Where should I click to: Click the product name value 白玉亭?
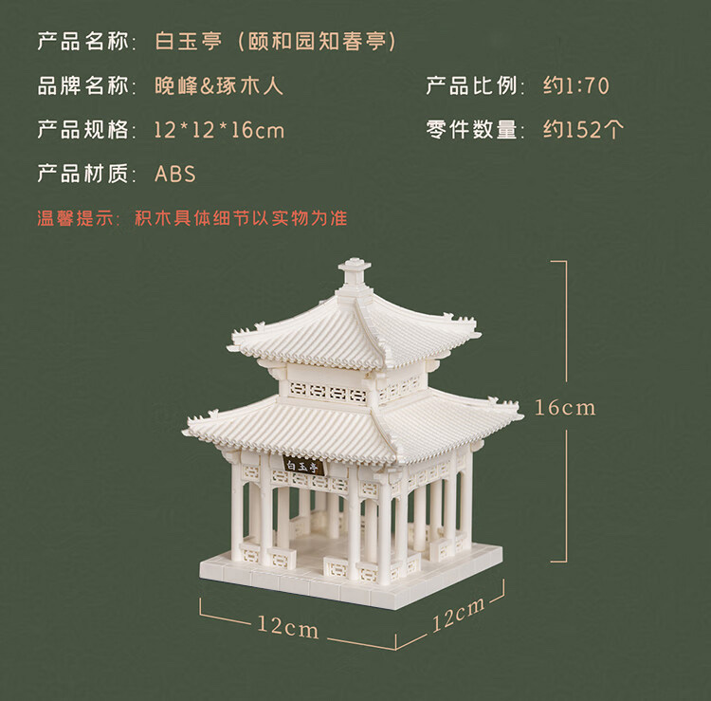point(189,42)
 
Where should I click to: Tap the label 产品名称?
point(83,42)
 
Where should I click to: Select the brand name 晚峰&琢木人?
point(219,85)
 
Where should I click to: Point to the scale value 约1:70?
point(576,85)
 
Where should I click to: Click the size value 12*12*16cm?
point(220,130)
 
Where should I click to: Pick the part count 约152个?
point(584,130)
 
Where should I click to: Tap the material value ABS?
point(175,175)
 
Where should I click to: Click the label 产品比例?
point(471,85)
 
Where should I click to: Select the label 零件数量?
point(471,130)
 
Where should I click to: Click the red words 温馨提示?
point(75,218)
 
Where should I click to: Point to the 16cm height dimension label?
point(565,408)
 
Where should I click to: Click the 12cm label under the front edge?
point(288,627)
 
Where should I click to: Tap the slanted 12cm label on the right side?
point(458,615)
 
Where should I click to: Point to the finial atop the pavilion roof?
point(355,271)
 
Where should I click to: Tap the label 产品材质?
point(83,174)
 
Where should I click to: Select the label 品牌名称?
point(83,85)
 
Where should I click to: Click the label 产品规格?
point(83,130)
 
